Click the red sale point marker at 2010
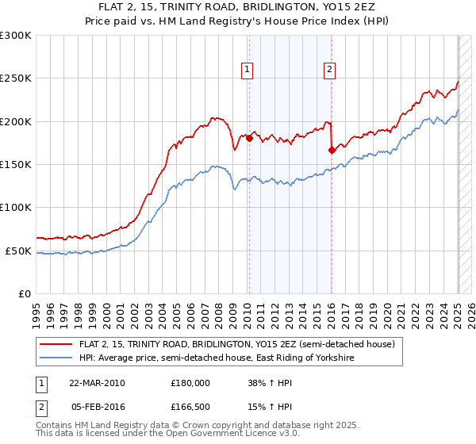point(249,139)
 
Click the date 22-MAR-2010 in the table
point(97,382)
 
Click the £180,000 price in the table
point(190,382)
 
